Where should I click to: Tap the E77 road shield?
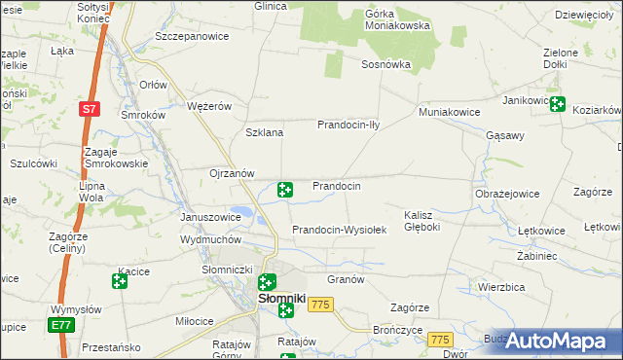pyautogui.click(x=61, y=325)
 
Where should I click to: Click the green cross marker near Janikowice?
pyautogui.click(x=558, y=105)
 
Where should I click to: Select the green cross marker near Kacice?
pyautogui.click(x=120, y=282)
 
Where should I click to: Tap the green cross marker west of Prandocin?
pyautogui.click(x=285, y=190)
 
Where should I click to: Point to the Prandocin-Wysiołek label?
pyautogui.click(x=340, y=230)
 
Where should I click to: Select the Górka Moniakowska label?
pyautogui.click(x=397, y=20)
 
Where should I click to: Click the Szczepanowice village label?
pyautogui.click(x=192, y=36)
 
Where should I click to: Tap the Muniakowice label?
pyautogui.click(x=450, y=112)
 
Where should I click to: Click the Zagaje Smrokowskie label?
pyautogui.click(x=116, y=158)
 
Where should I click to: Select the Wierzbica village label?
pyautogui.click(x=502, y=287)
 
